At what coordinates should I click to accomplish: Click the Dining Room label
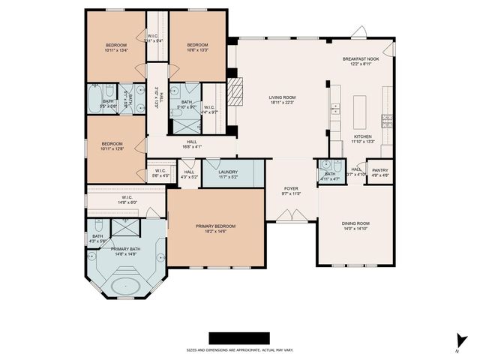(356, 226)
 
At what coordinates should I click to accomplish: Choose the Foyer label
(292, 190)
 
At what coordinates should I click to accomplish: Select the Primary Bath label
(125, 251)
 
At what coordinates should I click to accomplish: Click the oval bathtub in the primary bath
(124, 286)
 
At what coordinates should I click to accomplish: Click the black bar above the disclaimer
(238, 337)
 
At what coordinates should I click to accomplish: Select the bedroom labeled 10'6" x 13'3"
(197, 48)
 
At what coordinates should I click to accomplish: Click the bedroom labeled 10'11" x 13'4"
(115, 48)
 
